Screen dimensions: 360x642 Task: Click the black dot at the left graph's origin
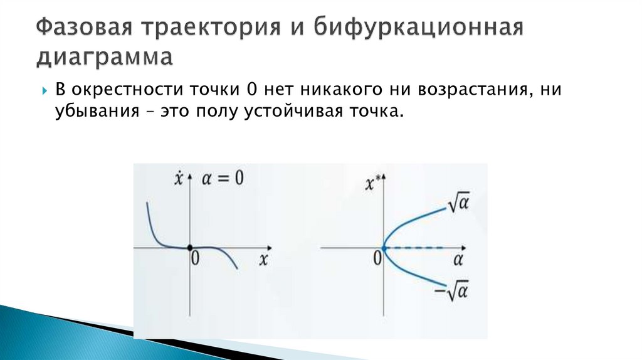pyautogui.click(x=190, y=247)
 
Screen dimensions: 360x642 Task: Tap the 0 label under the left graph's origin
pyautogui.click(x=195, y=260)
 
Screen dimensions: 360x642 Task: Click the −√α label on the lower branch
pyautogui.click(x=456, y=290)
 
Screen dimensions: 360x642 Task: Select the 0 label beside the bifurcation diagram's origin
pyautogui.click(x=377, y=258)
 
